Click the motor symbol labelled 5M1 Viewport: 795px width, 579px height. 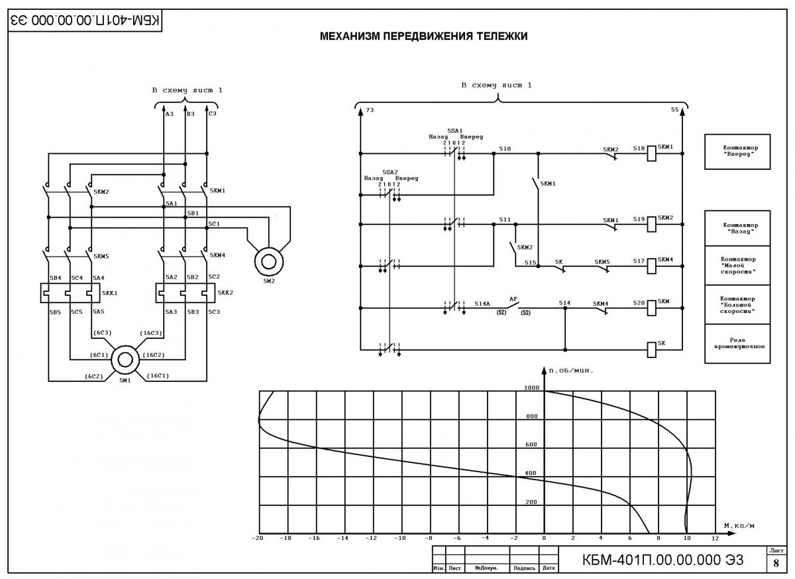tap(125, 360)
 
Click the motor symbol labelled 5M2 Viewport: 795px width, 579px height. tap(269, 262)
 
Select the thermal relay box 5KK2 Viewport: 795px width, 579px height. tap(185, 292)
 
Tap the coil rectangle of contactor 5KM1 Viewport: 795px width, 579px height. tap(651, 153)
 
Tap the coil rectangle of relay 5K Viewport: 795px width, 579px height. tap(651, 350)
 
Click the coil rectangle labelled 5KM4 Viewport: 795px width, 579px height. tap(651, 266)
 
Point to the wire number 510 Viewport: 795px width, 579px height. tap(505, 149)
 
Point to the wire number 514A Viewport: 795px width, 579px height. tap(482, 304)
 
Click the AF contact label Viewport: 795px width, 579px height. tap(513, 299)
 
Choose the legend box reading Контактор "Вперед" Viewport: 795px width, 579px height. tap(737, 152)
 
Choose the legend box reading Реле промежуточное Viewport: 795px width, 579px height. tap(737, 344)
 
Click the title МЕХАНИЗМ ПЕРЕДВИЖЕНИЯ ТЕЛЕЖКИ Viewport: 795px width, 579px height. tap(423, 36)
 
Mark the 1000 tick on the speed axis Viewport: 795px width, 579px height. tap(531, 387)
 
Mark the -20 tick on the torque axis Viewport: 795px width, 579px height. tap(257, 538)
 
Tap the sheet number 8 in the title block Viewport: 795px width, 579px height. tap(776, 563)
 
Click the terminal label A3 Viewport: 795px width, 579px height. tap(170, 114)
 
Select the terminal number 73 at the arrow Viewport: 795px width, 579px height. tap(370, 109)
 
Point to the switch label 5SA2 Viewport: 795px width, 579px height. tap(390, 172)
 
